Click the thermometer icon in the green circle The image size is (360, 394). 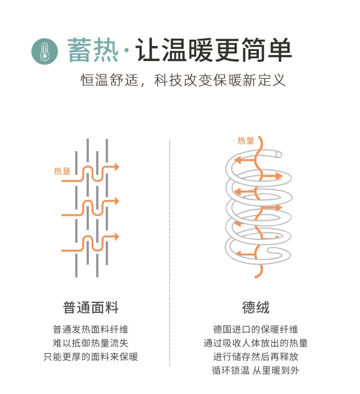45,51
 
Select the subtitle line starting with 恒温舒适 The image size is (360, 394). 184,80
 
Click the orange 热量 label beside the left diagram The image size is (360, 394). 62,171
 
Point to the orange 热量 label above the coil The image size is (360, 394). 246,141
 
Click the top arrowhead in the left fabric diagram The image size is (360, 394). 117,167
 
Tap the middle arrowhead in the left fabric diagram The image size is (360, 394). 117,201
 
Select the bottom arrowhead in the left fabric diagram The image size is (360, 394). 117,237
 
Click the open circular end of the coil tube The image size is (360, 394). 278,154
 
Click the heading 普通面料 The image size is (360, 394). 91,307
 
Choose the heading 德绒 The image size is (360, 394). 256,307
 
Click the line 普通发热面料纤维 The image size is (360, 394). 91,329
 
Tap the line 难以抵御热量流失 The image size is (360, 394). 91,343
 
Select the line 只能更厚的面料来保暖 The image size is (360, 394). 91,357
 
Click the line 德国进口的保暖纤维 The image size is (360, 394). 256,329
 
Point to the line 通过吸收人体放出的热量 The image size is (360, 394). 256,343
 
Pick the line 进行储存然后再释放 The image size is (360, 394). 256,357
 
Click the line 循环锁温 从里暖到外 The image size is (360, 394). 256,370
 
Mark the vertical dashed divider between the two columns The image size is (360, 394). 170,251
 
